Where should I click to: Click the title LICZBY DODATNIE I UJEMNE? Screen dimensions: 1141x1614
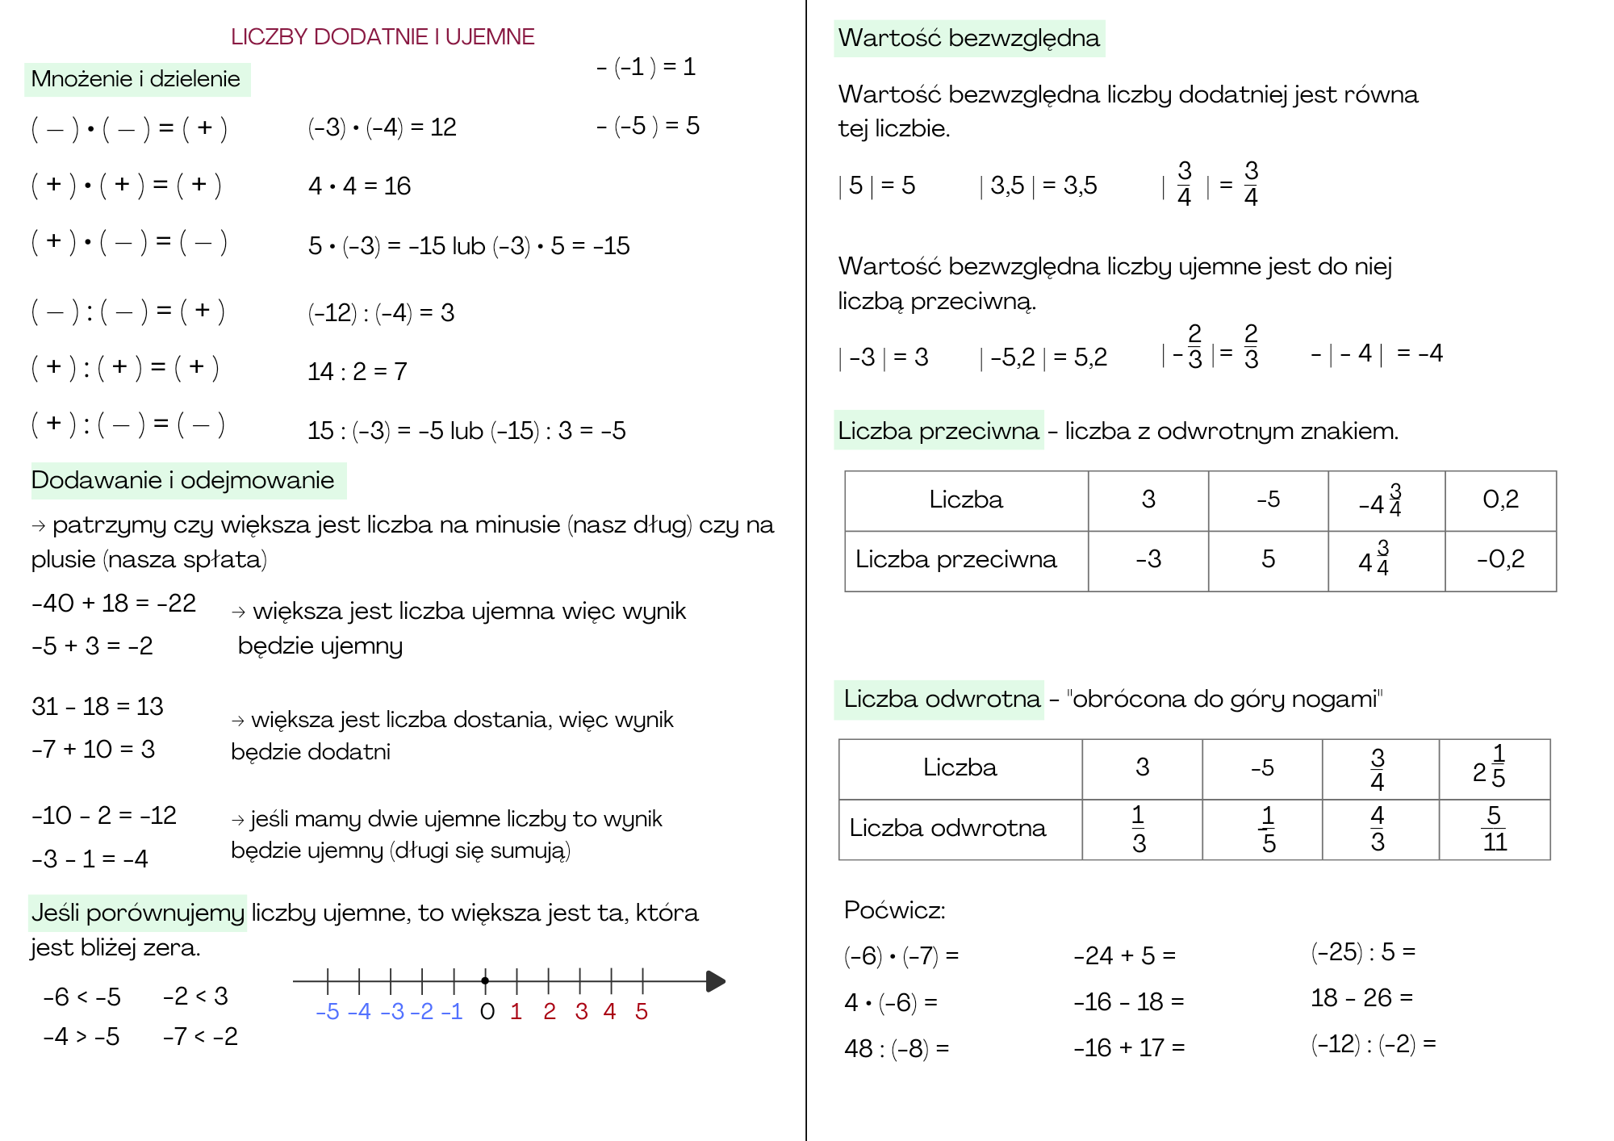pos(383,37)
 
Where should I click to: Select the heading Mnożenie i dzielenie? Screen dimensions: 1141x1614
pos(136,79)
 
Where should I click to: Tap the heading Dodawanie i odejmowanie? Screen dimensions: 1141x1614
pos(182,480)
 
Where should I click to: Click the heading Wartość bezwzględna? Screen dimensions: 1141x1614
pos(968,38)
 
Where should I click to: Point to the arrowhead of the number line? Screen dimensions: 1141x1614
pos(715,981)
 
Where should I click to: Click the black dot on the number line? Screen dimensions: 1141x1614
pos(485,981)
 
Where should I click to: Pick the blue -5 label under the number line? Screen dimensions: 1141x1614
pos(328,1012)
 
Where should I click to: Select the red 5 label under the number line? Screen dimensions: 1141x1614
pos(642,1012)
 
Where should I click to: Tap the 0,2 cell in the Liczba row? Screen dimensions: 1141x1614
pos(1500,499)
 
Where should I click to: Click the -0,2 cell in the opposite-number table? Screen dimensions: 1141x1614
pos(1500,559)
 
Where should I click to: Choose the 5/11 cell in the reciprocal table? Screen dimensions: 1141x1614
pos(1495,829)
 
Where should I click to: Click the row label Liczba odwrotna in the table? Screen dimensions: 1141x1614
pos(947,828)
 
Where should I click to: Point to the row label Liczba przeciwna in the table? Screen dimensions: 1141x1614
pos(955,559)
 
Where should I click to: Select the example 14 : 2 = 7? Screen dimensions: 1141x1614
pos(357,371)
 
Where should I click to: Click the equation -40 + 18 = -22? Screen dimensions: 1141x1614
pos(114,603)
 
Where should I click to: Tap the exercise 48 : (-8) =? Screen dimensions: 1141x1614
pos(897,1048)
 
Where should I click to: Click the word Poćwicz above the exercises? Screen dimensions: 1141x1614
pos(894,910)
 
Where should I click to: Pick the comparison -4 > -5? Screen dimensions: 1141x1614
pos(82,1036)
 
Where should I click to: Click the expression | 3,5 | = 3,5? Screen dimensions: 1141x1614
pos(1038,186)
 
